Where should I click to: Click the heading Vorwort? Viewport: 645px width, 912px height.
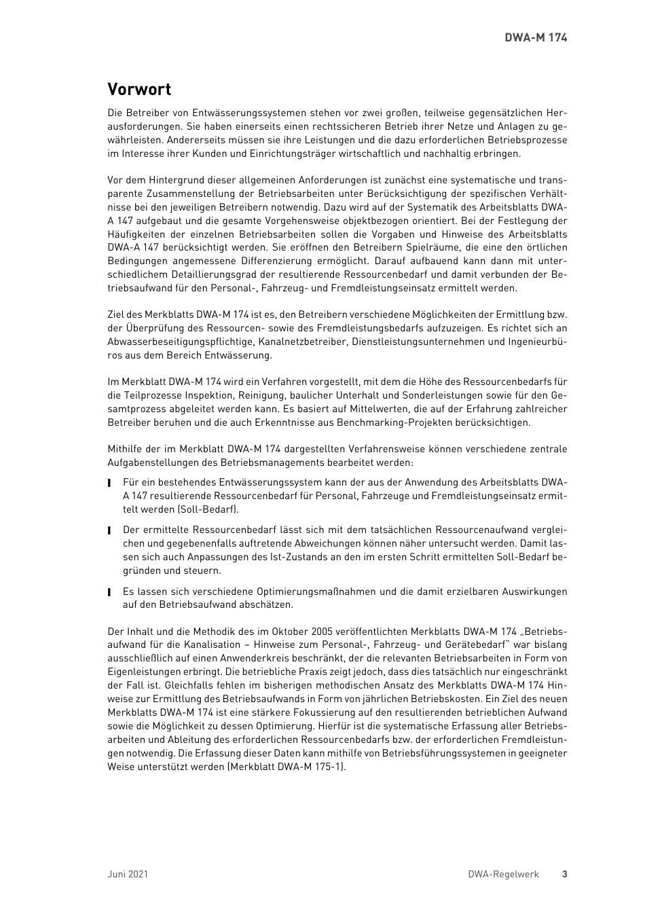coord(139,90)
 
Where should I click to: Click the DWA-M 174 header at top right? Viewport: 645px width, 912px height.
coord(536,37)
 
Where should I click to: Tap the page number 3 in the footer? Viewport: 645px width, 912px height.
coord(564,874)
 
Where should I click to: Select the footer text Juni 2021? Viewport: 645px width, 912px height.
coord(128,874)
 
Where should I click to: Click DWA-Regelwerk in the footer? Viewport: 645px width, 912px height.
coord(503,874)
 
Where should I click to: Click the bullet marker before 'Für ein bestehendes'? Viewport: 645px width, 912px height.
coord(109,483)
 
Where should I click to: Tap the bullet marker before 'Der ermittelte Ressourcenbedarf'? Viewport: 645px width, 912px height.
coord(109,530)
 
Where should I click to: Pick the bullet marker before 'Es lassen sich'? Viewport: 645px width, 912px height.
coord(109,592)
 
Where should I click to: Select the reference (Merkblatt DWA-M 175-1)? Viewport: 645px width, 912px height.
coord(287,767)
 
